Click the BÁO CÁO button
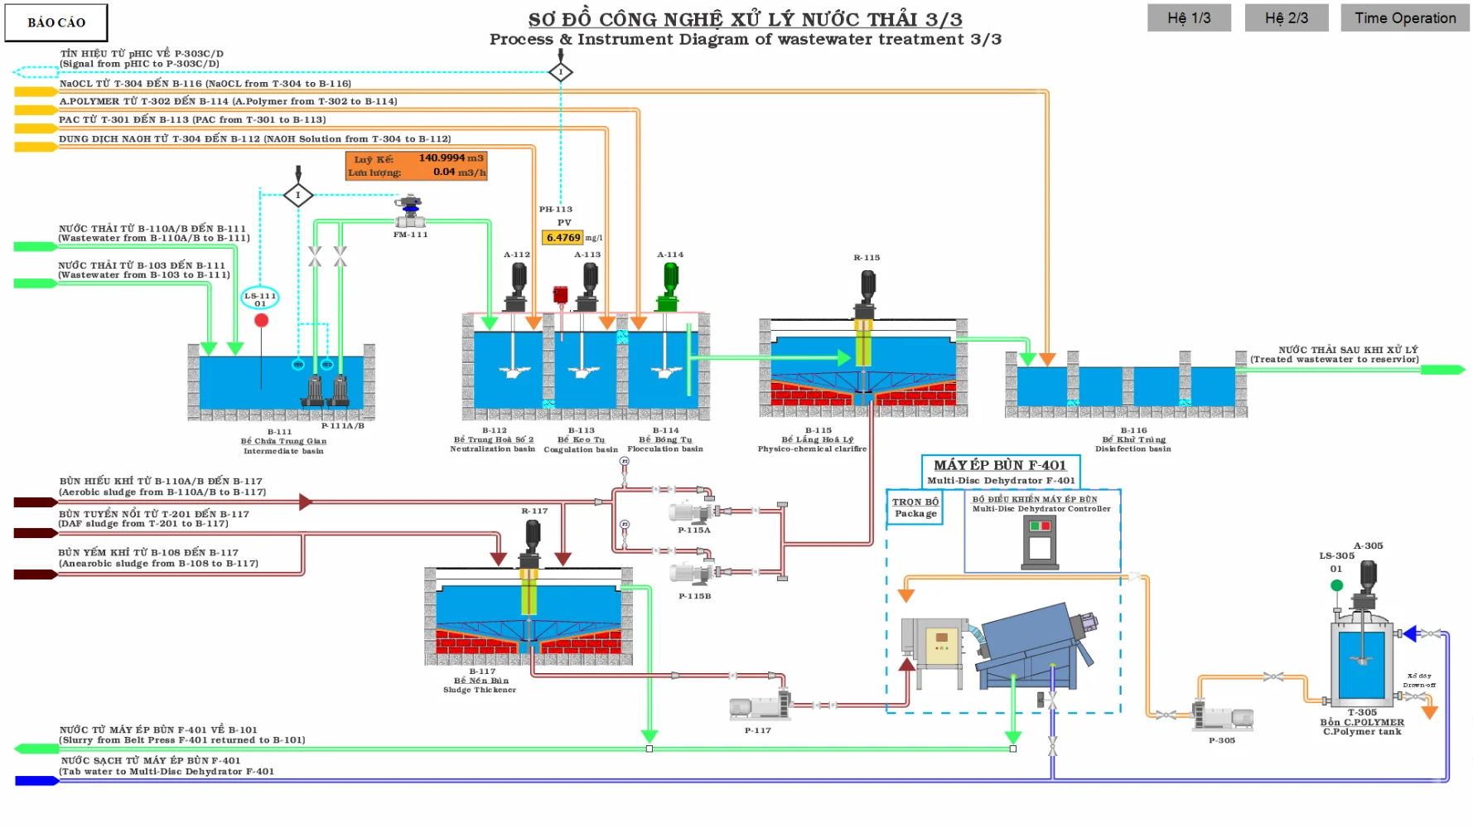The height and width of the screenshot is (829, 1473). (x=56, y=22)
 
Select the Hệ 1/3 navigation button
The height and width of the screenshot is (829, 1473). (x=1189, y=18)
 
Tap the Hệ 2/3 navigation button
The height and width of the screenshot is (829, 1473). (x=1286, y=18)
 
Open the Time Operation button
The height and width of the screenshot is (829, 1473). (x=1404, y=18)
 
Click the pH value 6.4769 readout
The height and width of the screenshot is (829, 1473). (x=563, y=238)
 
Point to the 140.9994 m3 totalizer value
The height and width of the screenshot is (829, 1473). (x=441, y=158)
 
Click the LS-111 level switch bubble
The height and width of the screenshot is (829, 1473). (x=260, y=298)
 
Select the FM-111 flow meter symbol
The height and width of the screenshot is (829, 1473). (x=409, y=212)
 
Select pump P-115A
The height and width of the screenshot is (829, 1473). (x=692, y=512)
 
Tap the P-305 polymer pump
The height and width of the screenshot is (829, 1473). (x=1224, y=717)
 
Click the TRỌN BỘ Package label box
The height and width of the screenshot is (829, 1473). (x=915, y=507)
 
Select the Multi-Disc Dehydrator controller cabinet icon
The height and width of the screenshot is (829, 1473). (x=1040, y=543)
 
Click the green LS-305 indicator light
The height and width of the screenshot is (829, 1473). (x=1336, y=585)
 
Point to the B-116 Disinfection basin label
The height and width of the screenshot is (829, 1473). (x=1133, y=439)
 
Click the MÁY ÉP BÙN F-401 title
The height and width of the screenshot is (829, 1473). (x=1000, y=465)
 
